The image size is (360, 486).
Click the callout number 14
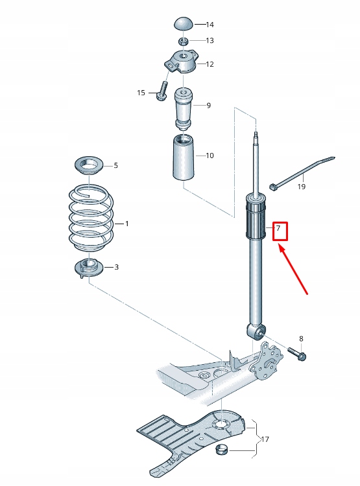210,25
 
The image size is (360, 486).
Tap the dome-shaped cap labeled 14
184,24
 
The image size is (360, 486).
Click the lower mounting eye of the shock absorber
257,332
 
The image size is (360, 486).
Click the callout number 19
301,187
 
